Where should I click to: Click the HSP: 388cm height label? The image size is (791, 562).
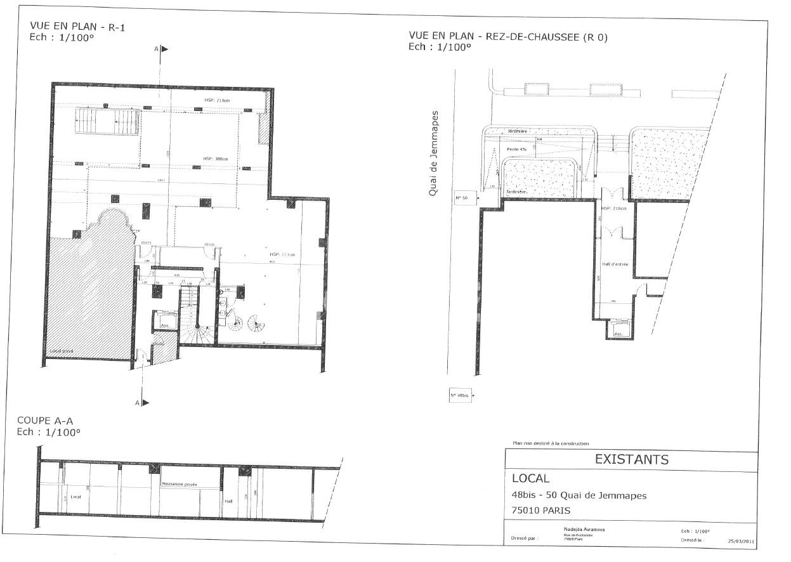pyautogui.click(x=216, y=159)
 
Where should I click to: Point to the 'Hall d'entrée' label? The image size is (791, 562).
pyautogui.click(x=615, y=264)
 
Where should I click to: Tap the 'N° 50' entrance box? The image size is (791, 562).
pyautogui.click(x=462, y=198)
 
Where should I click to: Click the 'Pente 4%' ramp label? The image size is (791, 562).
pyautogui.click(x=517, y=149)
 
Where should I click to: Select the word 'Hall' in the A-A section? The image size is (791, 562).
pyautogui.click(x=229, y=500)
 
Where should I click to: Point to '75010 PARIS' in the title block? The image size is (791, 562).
pyautogui.click(x=541, y=510)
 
